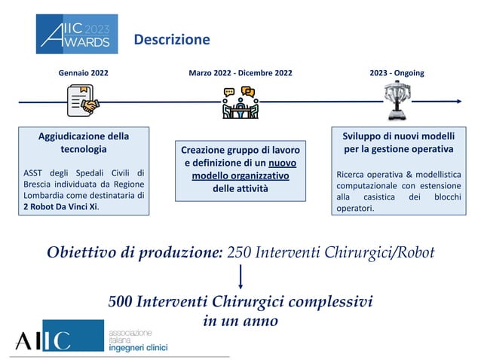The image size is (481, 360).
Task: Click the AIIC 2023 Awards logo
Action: coord(77,34)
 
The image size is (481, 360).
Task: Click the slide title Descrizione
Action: coord(171,39)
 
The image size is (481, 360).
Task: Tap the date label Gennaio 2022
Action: coord(83,74)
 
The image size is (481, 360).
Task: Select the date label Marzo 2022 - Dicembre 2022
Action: coord(240,74)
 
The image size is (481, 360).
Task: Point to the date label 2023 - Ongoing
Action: coord(397,74)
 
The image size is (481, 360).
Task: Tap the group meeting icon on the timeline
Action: coord(240,103)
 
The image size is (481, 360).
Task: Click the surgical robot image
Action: coord(397,101)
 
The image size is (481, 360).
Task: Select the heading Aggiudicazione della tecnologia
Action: coord(83,143)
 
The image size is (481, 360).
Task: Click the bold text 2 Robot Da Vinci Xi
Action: coord(59,207)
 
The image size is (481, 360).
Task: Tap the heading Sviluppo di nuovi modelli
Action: coord(397,136)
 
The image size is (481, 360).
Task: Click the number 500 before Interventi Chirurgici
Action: coord(121,302)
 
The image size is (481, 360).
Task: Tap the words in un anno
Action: coord(240,321)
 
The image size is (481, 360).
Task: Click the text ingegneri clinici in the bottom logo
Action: coord(138,347)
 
